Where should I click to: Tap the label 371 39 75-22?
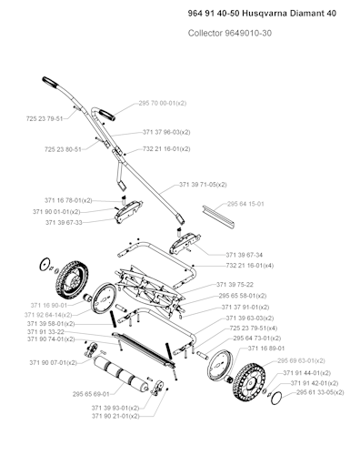(235, 285)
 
